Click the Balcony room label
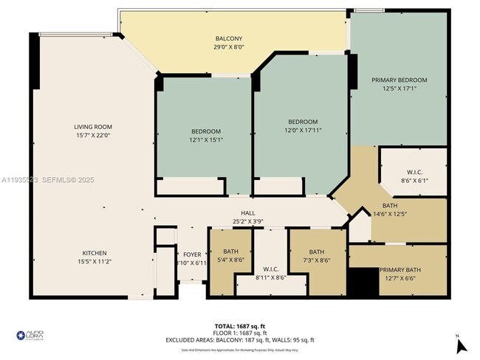tap(229, 39)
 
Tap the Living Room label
tap(93, 127)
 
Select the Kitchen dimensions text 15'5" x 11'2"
tap(93, 261)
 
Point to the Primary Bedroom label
tap(400, 80)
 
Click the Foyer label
tap(192, 255)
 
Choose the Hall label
tap(237, 212)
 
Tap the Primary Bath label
tap(400, 270)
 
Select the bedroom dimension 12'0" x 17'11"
tap(303, 130)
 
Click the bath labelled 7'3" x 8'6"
tap(317, 259)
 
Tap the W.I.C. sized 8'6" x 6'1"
tap(413, 180)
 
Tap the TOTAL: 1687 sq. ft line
tap(240, 325)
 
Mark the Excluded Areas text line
tap(240, 340)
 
